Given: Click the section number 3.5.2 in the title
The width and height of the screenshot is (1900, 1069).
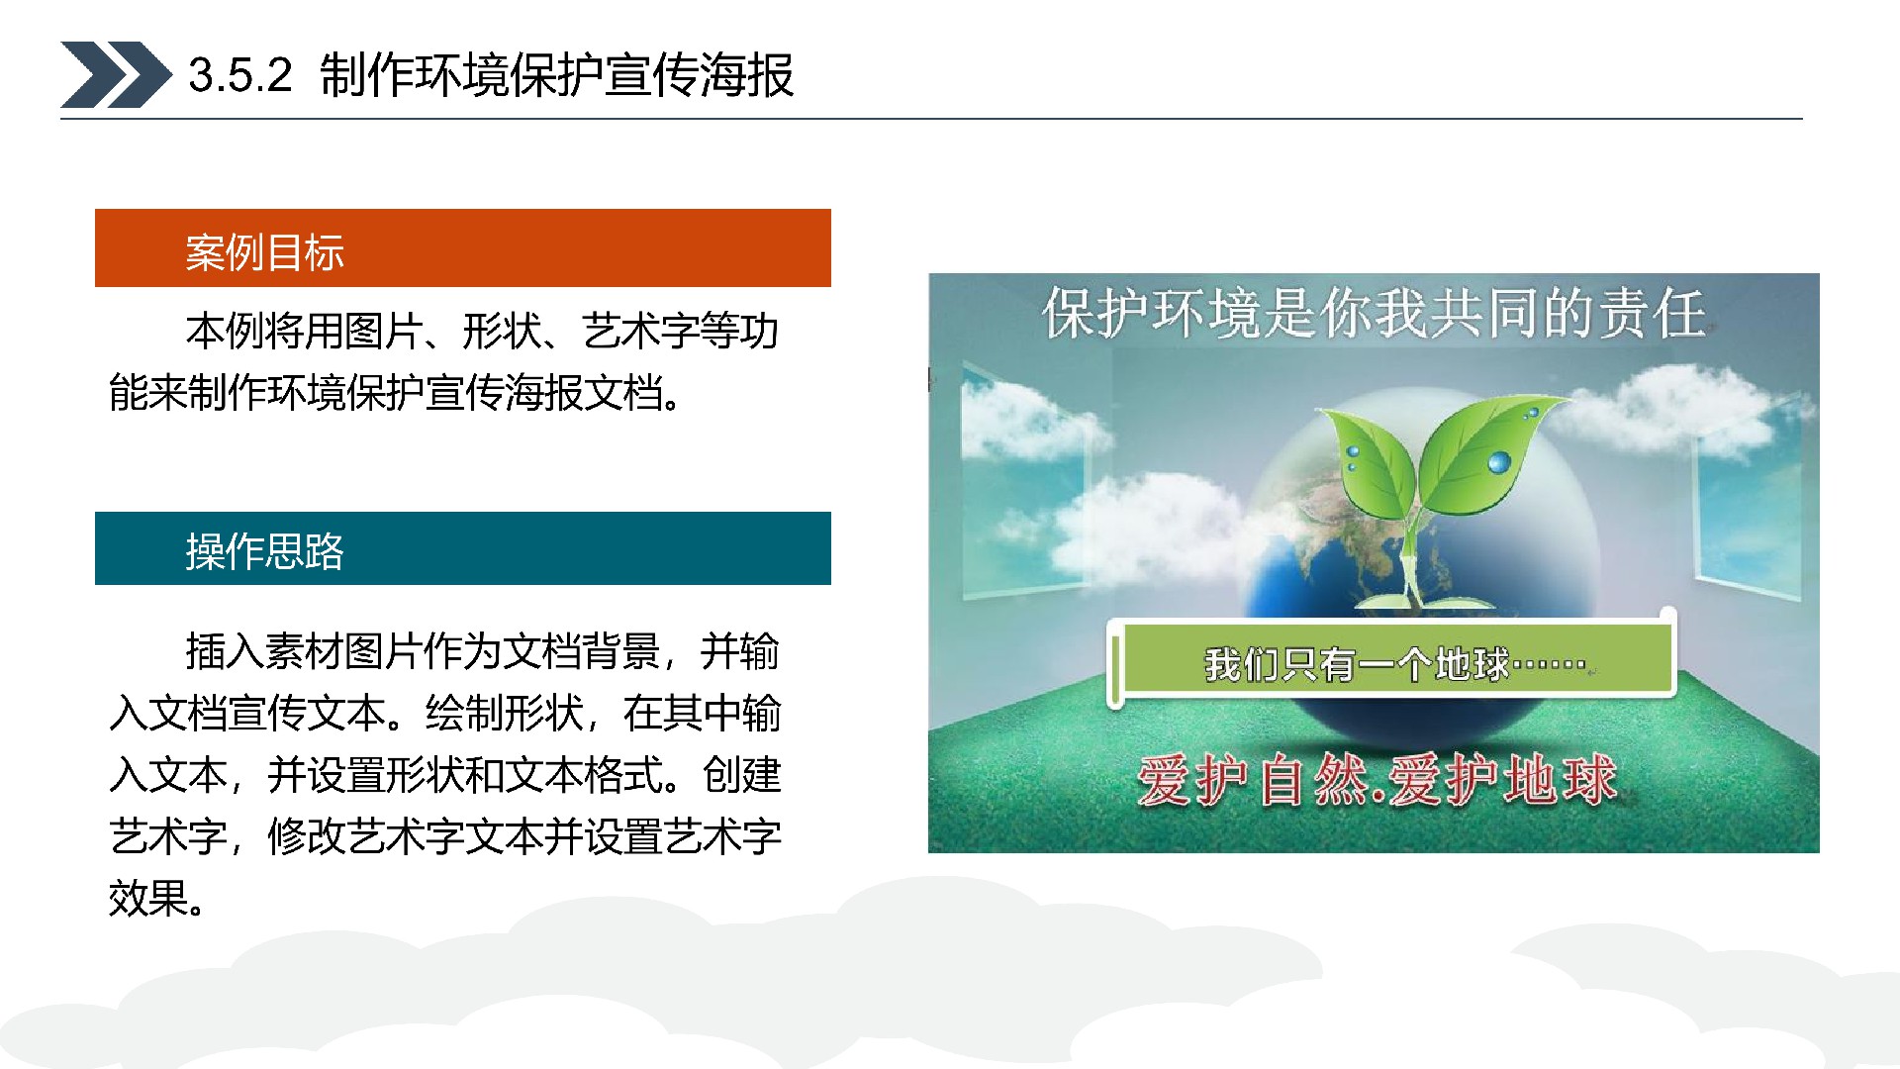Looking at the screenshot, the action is tap(240, 75).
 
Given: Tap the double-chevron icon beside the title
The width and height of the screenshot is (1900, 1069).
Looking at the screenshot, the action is tap(116, 74).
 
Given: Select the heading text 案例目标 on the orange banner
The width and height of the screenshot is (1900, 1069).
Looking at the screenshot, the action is tap(264, 252).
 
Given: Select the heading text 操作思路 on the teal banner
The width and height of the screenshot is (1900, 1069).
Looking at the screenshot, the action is tap(264, 551).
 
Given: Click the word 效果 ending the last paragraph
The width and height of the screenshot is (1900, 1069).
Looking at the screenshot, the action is tap(148, 899).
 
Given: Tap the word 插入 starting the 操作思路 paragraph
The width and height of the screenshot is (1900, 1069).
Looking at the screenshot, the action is tap(226, 651).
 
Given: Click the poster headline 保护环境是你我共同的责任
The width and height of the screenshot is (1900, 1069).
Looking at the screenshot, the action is tap(1374, 314).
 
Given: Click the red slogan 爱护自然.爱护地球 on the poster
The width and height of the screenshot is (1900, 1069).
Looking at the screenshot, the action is tap(1377, 780).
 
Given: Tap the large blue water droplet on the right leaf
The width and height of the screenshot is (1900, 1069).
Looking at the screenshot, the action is tap(1500, 461).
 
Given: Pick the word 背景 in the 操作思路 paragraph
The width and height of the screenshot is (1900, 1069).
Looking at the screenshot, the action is tap(620, 651).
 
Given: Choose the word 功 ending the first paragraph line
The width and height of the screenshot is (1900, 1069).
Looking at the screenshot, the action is tap(759, 332).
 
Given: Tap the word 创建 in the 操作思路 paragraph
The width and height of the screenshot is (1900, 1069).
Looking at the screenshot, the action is tap(741, 775).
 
